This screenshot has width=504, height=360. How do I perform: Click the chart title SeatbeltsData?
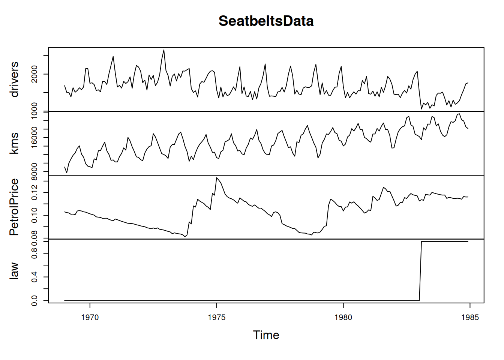click(266, 21)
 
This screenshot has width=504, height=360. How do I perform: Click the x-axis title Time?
click(266, 335)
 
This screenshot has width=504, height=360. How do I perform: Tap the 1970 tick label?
click(90, 318)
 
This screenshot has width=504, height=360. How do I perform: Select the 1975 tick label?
click(217, 318)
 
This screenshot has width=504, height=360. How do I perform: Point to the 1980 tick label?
click(343, 318)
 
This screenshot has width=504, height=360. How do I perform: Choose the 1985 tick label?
click(470, 318)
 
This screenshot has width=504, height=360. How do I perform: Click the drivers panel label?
click(14, 79)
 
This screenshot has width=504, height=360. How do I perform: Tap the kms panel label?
click(14, 143)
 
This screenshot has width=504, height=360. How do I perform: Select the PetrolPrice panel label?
click(14, 207)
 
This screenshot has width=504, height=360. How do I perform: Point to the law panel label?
click(14, 271)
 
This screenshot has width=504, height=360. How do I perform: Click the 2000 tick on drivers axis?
click(34, 74)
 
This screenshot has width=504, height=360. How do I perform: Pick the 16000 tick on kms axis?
click(34, 137)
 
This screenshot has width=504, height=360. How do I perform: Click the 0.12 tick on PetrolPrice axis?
click(34, 192)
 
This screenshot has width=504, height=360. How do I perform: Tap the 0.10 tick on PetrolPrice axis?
click(34, 215)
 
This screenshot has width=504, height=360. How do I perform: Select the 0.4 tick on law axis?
click(34, 277)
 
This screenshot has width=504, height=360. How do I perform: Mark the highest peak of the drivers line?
click(164, 50)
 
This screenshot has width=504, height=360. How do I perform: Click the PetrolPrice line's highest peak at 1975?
click(217, 177)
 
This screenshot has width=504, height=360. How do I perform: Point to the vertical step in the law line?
click(420, 271)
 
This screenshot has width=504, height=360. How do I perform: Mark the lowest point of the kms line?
click(67, 173)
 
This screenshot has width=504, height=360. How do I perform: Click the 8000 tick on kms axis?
click(34, 171)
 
